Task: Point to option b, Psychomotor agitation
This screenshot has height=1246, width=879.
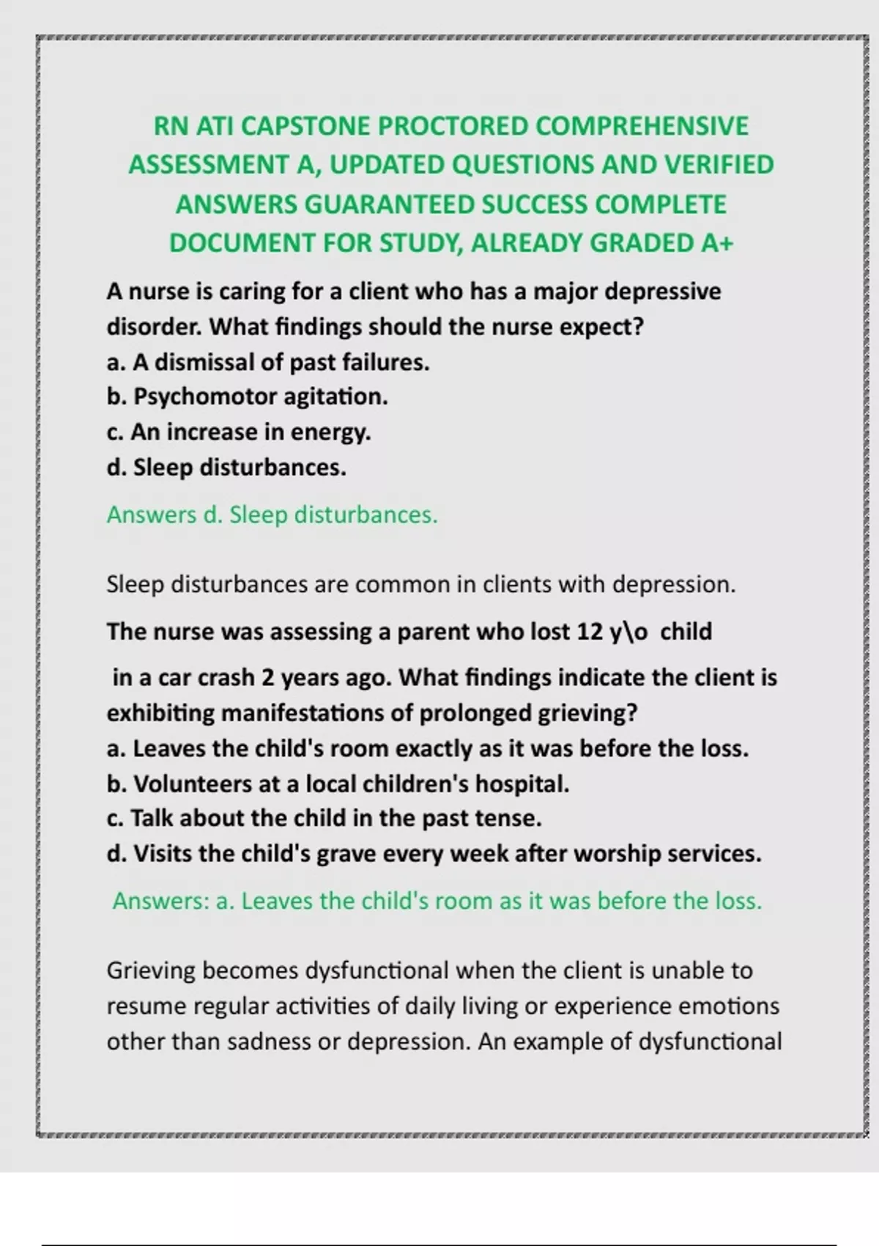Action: click(247, 397)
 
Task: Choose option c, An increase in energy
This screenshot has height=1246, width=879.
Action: click(239, 432)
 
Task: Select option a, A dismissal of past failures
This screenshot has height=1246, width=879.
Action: click(268, 361)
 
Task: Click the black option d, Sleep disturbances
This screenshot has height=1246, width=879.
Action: click(226, 467)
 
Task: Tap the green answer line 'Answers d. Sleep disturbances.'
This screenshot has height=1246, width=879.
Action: click(272, 515)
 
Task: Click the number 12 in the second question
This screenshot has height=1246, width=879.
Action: click(590, 631)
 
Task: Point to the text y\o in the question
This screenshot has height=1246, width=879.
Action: click(628, 631)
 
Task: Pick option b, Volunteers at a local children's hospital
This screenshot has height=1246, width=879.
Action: click(338, 784)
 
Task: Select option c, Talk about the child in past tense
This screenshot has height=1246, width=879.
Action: click(324, 818)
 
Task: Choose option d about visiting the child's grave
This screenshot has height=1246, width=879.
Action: click(434, 853)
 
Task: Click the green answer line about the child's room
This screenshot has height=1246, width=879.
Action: click(437, 900)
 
